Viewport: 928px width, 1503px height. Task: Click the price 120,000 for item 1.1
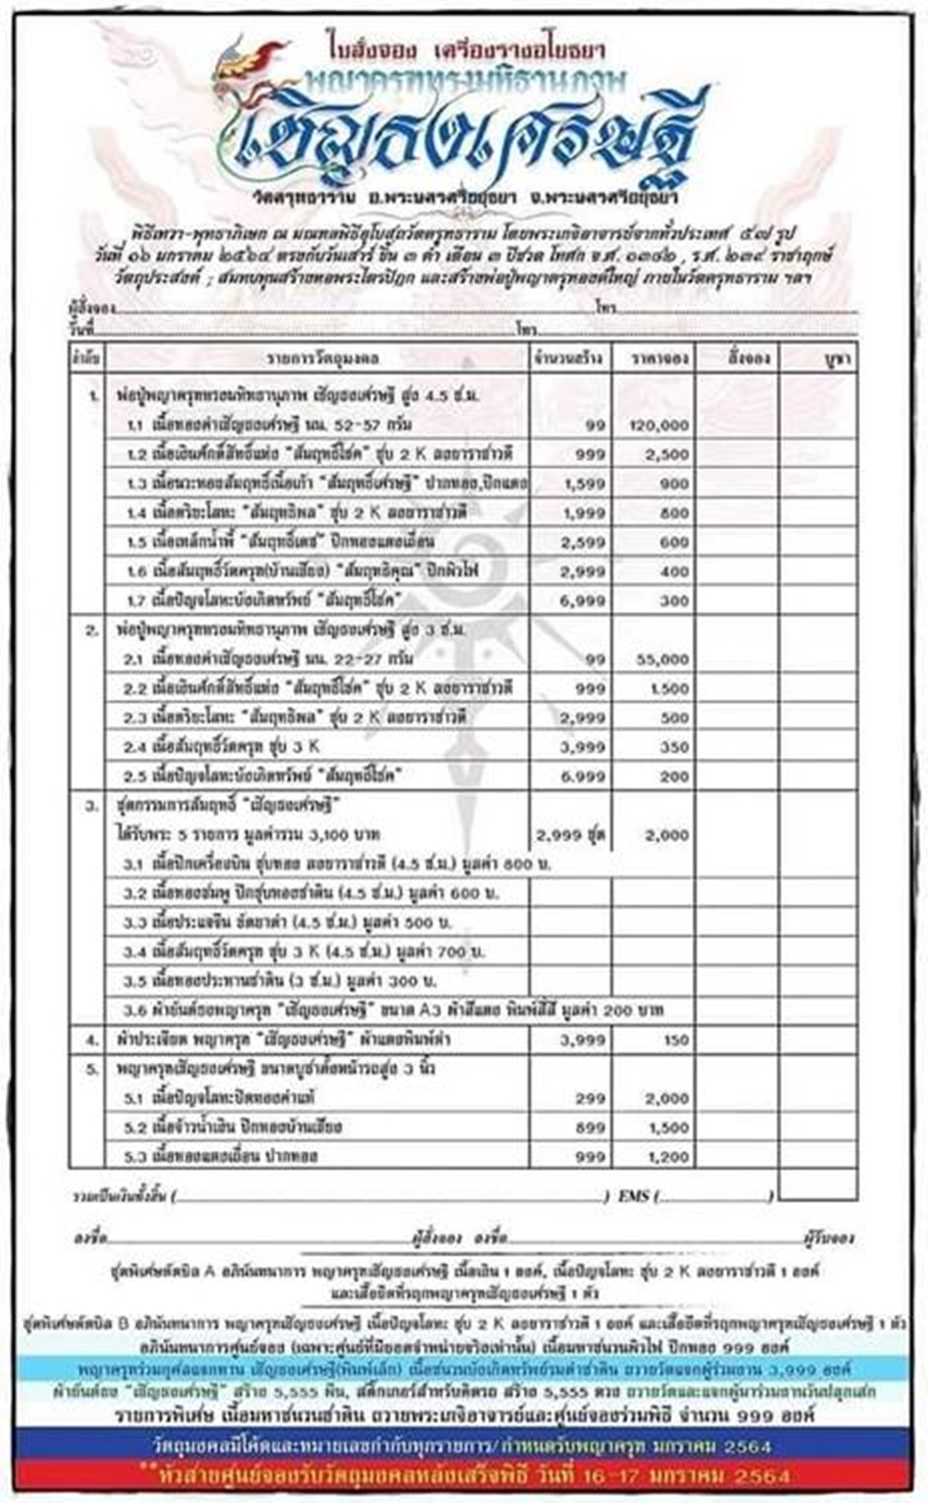[658, 425]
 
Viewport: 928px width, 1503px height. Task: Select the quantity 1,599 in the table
[584, 484]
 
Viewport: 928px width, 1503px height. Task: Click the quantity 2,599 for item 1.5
[584, 542]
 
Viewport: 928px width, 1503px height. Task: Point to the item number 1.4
[135, 513]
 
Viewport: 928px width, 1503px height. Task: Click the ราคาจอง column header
[651, 358]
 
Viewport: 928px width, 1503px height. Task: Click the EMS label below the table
[633, 1196]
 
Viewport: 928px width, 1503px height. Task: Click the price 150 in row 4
[676, 1040]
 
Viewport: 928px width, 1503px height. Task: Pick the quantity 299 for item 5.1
[591, 1099]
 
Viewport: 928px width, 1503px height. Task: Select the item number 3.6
[135, 1011]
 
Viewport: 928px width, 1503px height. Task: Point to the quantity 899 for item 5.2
[591, 1128]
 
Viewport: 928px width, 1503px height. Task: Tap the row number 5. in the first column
[92, 1069]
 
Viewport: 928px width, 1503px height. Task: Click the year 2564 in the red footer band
[762, 1477]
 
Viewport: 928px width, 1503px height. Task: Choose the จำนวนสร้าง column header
[569, 358]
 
